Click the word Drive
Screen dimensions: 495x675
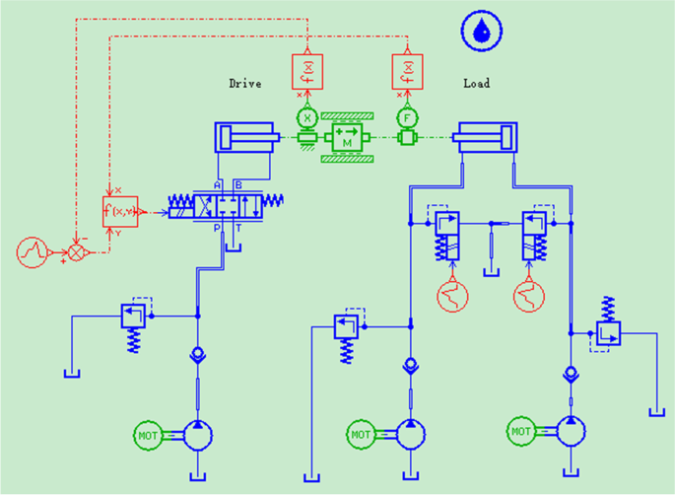[x=245, y=84]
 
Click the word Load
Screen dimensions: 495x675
[x=477, y=84]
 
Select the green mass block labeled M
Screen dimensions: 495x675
[x=346, y=139]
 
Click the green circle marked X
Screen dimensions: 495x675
[x=306, y=117]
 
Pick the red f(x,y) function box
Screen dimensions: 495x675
[x=121, y=211]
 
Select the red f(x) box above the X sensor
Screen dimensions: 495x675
[x=306, y=71]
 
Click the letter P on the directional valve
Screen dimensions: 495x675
[x=219, y=227]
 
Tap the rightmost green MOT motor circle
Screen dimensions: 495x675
[x=523, y=431]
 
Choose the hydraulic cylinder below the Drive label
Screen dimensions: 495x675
[x=244, y=138]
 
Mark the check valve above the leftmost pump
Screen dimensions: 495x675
[x=198, y=354]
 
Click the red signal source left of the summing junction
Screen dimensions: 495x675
[x=33, y=251]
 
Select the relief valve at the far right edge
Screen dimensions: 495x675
[x=607, y=334]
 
